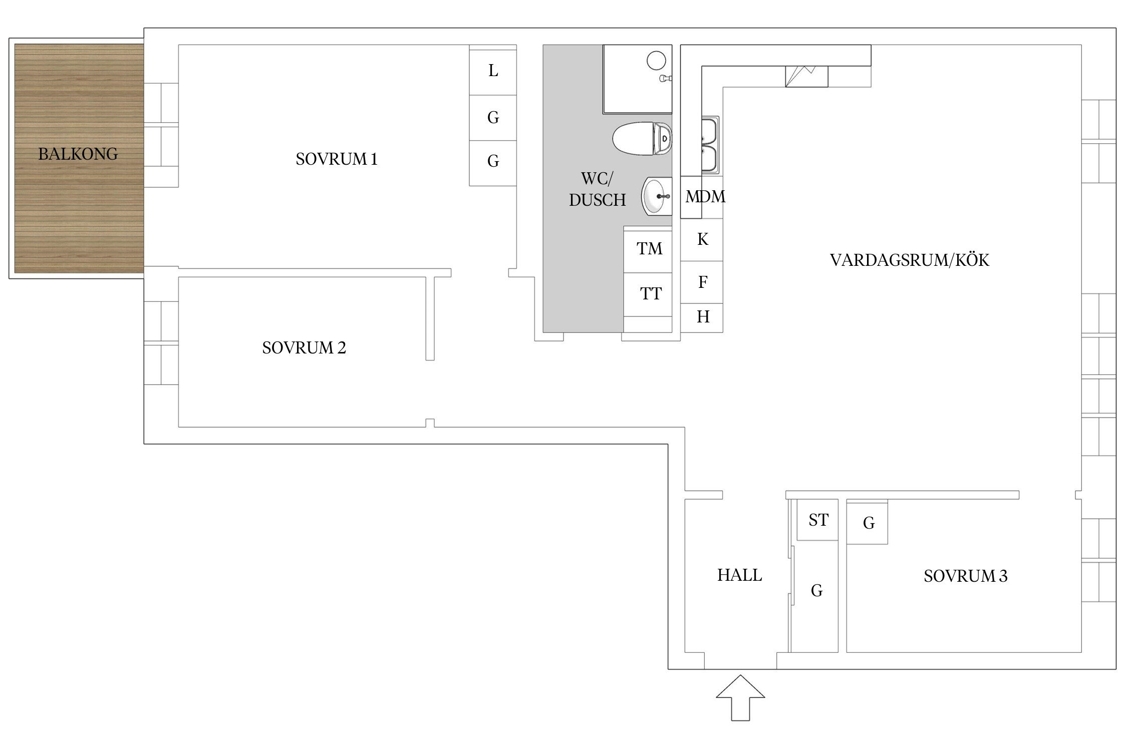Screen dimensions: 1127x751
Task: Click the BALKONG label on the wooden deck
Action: pyautogui.click(x=78, y=154)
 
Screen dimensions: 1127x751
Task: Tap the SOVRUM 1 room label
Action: pyautogui.click(x=337, y=159)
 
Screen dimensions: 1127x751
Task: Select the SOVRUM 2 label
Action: pyautogui.click(x=304, y=347)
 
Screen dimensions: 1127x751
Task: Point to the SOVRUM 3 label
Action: pyautogui.click(x=966, y=576)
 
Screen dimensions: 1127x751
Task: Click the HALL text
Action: pyautogui.click(x=740, y=575)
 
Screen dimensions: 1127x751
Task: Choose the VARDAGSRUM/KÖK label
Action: pyautogui.click(x=910, y=260)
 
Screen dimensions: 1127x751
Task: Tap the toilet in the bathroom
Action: pyautogui.click(x=643, y=139)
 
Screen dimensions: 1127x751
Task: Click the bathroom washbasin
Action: pyautogui.click(x=657, y=196)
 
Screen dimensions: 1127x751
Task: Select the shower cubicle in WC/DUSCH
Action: pyautogui.click(x=637, y=79)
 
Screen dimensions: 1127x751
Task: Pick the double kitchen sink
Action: pyautogui.click(x=710, y=145)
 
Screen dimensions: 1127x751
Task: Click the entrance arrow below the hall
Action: pyautogui.click(x=740, y=697)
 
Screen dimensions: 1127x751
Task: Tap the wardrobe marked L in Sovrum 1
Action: pyautogui.click(x=493, y=72)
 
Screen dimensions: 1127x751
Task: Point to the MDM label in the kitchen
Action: pyautogui.click(x=705, y=197)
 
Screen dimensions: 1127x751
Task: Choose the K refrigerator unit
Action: pyautogui.click(x=702, y=240)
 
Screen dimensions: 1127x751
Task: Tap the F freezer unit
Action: pyautogui.click(x=702, y=282)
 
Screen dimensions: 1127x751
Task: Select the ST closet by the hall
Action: pyautogui.click(x=817, y=520)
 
